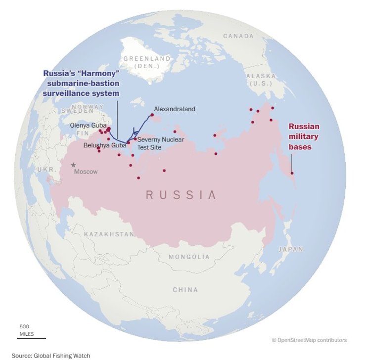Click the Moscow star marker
tap(74, 165)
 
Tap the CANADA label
tap(238, 36)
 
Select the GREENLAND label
tap(147, 58)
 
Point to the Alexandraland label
tap(175, 109)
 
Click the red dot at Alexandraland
tap(152, 115)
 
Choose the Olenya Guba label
tap(88, 125)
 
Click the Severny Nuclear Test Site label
tap(160, 143)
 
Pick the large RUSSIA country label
tap(182, 195)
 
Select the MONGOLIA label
tap(189, 257)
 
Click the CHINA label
tap(185, 290)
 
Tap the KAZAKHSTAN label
tap(109, 234)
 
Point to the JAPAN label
tap(290, 250)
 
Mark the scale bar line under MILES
tap(33, 338)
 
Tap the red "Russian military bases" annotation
tap(304, 136)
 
